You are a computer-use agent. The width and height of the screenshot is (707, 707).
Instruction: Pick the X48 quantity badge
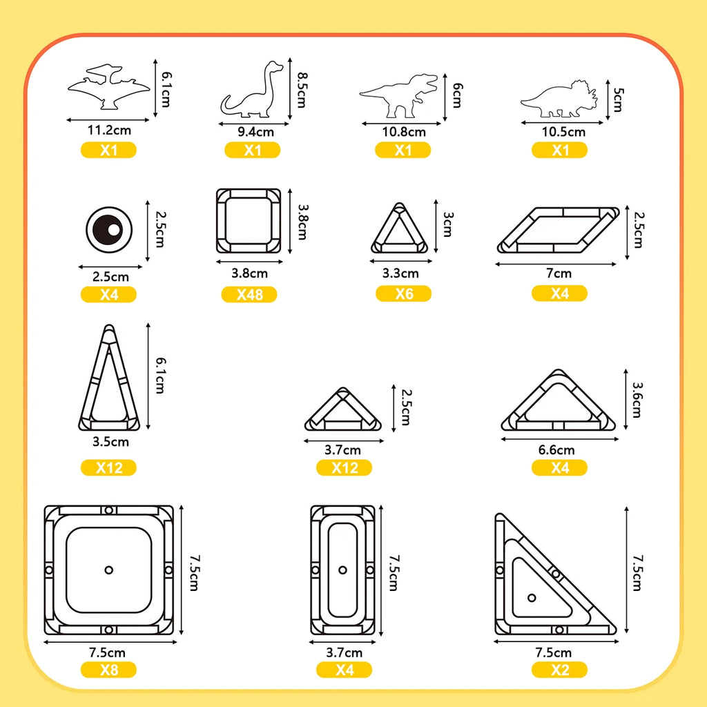coord(249,294)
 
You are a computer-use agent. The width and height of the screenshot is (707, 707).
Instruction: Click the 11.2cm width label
coord(109,130)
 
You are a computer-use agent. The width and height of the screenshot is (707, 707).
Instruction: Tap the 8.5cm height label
coord(302,90)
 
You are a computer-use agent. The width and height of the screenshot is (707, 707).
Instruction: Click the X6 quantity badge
coord(403,294)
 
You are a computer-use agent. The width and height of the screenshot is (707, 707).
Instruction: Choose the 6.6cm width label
coord(556,450)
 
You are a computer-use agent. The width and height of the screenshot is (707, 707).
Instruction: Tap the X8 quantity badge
coord(108,670)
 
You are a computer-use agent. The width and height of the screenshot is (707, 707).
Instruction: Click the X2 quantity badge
coord(559,670)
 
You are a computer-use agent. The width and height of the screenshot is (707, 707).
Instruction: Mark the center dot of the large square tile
coord(108,570)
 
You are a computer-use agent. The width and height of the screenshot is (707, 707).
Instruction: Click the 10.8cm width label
coord(404,132)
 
